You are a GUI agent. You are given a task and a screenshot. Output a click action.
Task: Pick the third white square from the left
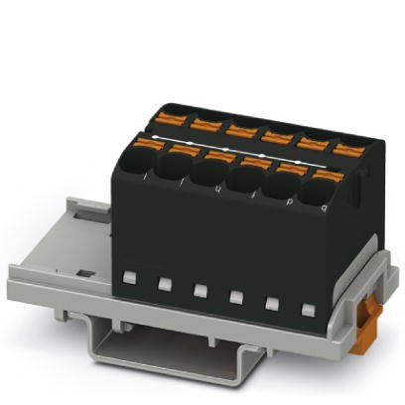coord(199,291)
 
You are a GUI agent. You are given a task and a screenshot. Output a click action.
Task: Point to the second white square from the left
coord(163,284)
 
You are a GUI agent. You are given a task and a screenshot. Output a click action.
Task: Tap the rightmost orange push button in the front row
coord(328,174)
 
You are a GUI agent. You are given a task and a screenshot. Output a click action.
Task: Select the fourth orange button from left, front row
coord(254,163)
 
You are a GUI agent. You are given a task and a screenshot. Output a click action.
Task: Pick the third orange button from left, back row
coord(238,128)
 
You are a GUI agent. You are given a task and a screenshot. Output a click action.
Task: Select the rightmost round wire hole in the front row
coord(325,192)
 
